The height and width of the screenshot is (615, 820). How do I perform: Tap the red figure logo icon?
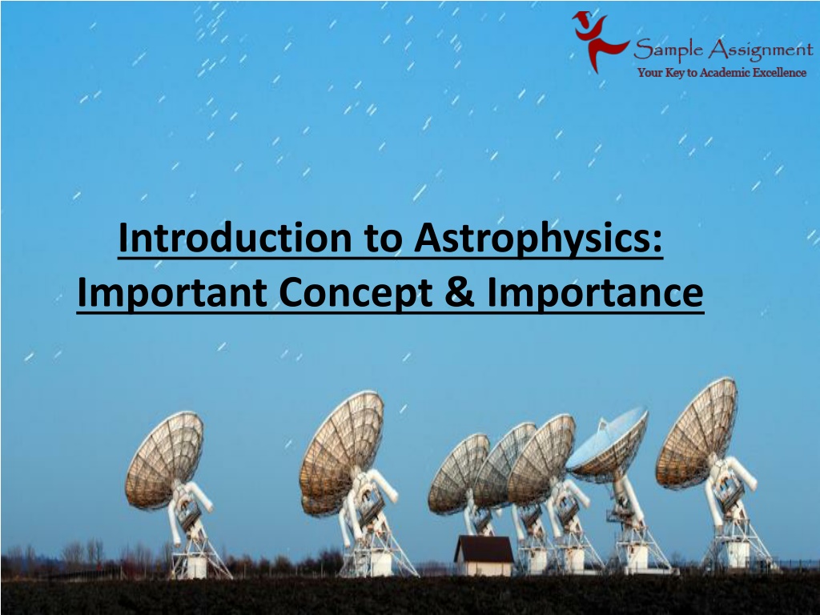coord(597,41)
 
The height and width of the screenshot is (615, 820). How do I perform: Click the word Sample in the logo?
coord(668,49)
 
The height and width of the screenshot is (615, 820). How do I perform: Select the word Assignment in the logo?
coord(761,50)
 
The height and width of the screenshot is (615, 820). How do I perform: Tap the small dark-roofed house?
coord(484,556)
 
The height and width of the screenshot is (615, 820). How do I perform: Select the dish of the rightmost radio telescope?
coord(696,433)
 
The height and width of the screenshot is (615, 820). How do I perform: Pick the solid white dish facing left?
coord(608,444)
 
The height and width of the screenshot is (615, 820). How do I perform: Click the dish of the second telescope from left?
coord(341,453)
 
